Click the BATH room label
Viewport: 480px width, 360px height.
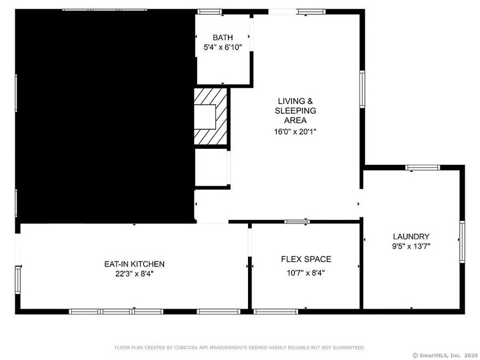[x=222, y=37]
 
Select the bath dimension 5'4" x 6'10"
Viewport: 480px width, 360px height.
[x=222, y=47]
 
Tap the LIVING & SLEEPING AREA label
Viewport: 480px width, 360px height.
[x=296, y=111]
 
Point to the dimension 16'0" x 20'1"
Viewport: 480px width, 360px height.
[x=296, y=131]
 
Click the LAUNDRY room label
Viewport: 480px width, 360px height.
[x=411, y=236]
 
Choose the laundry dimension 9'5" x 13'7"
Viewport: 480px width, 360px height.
[x=411, y=247]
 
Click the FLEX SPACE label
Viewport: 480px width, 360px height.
[x=306, y=259]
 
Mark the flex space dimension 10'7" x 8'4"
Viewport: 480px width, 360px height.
[x=306, y=273]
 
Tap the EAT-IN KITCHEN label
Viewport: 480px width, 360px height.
[x=134, y=264]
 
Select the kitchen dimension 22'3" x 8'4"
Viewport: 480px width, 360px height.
[x=134, y=274]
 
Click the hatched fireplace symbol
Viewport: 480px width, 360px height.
[x=211, y=116]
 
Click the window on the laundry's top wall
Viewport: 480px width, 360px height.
[x=422, y=167]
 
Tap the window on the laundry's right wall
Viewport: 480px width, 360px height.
[x=462, y=241]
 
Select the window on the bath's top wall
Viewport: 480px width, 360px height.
[x=209, y=11]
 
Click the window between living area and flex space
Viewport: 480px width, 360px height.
[x=297, y=221]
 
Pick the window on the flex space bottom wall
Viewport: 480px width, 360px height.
[x=276, y=312]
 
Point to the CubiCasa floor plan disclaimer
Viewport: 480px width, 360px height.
[x=239, y=347]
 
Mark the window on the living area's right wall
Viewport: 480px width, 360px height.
[x=362, y=89]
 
